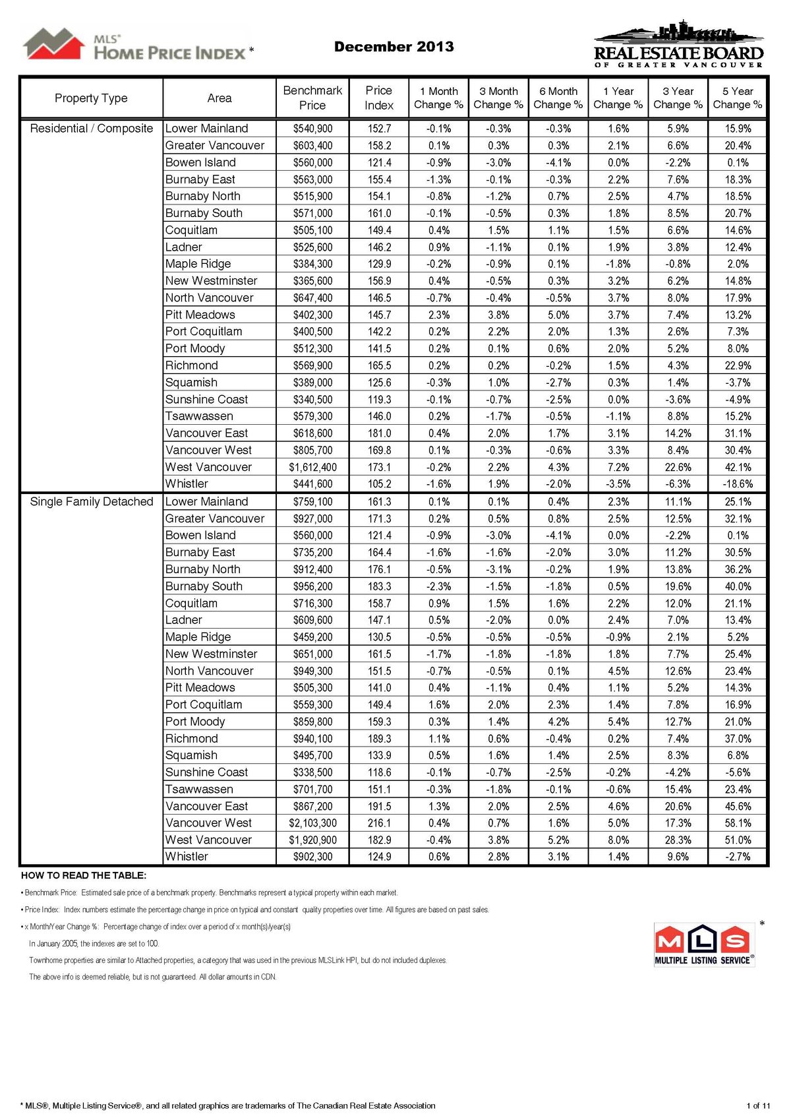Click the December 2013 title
click(394, 46)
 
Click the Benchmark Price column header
click(312, 98)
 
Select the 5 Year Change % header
click(737, 98)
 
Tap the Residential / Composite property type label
click(92, 129)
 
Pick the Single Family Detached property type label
click(92, 501)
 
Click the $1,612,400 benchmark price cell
click(312, 467)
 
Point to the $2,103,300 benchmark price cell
click(312, 823)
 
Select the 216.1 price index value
click(379, 823)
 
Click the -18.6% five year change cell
click(738, 483)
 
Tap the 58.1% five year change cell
click(738, 823)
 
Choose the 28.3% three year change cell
click(678, 840)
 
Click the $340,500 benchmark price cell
click(312, 400)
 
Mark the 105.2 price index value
click(379, 483)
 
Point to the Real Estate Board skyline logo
click(678, 44)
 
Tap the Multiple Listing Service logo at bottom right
click(703, 944)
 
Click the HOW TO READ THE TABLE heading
click(84, 875)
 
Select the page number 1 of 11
click(758, 1105)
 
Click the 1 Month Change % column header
click(438, 98)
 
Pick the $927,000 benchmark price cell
click(312, 518)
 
